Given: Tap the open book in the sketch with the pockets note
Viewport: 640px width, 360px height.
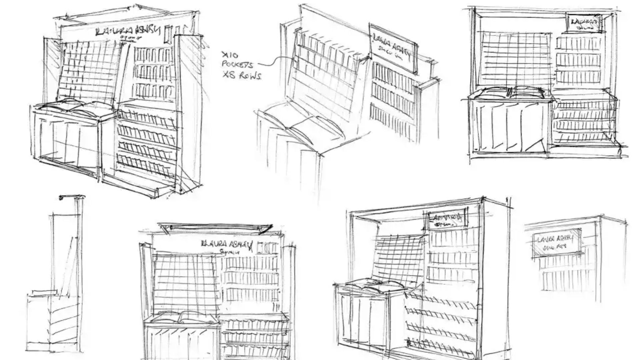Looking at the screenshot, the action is [x=293, y=125].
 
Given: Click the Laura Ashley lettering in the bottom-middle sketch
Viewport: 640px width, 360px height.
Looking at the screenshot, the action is [x=227, y=245].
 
